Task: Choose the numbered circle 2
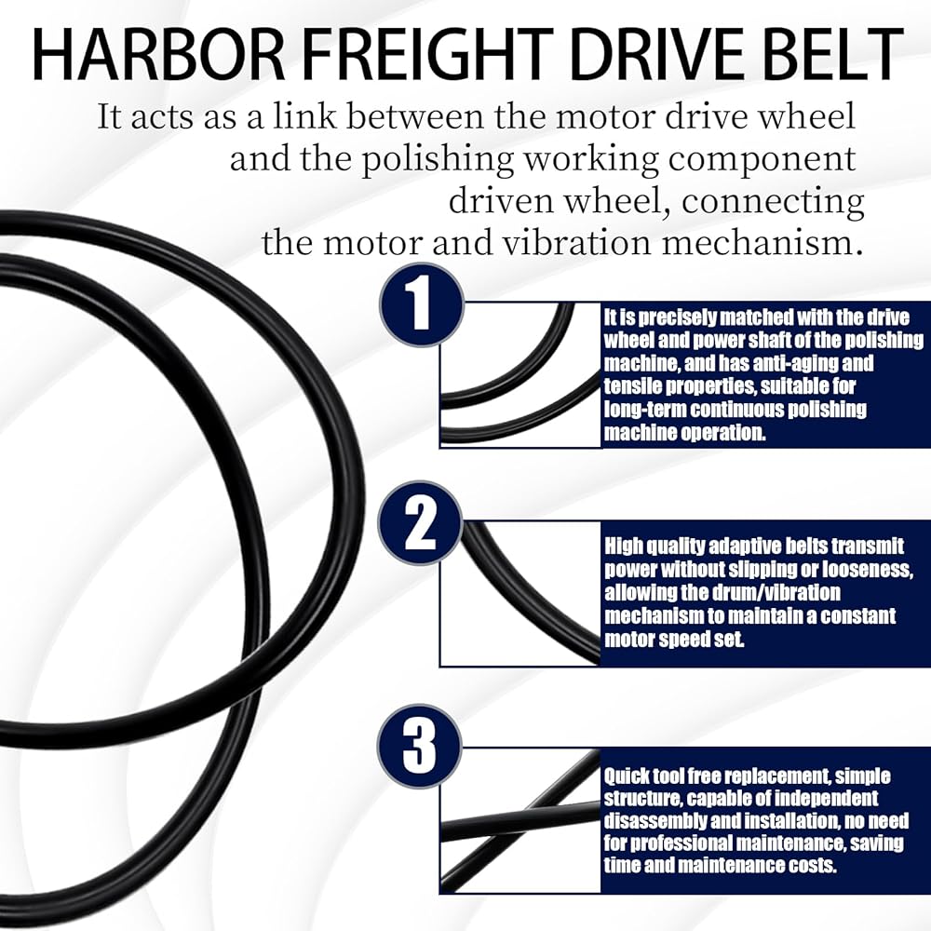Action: [421, 524]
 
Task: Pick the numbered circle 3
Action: [421, 746]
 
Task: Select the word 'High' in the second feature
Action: [623, 546]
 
